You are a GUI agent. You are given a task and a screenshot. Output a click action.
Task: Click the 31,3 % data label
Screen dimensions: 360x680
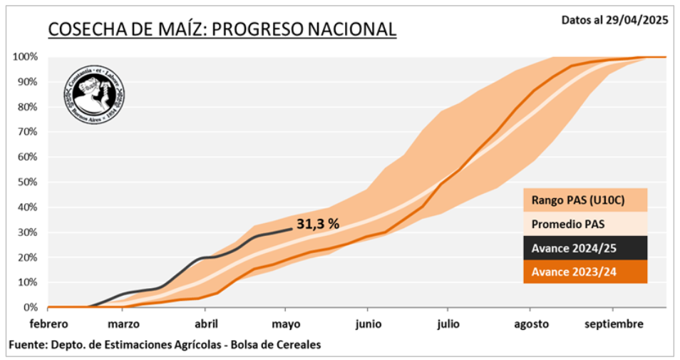pos(318,224)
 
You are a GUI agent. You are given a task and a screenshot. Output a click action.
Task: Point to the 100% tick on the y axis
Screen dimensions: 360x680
pos(25,56)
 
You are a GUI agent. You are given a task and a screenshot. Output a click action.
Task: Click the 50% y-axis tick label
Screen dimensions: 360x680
pos(27,182)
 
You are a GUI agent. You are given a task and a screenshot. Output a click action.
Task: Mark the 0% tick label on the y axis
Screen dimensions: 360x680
pos(30,307)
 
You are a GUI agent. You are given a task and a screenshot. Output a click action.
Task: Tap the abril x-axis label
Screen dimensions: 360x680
pos(205,324)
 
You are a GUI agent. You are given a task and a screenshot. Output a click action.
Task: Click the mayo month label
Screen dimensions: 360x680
pos(286,324)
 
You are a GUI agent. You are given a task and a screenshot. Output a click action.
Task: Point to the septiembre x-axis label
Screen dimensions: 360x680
pos(614,324)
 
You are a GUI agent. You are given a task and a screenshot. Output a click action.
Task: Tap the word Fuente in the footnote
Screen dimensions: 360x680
pos(26,345)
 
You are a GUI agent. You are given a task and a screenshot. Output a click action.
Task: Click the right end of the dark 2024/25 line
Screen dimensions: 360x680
pos(291,229)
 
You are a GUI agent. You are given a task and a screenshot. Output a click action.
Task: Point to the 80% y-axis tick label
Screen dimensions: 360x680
pos(27,107)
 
